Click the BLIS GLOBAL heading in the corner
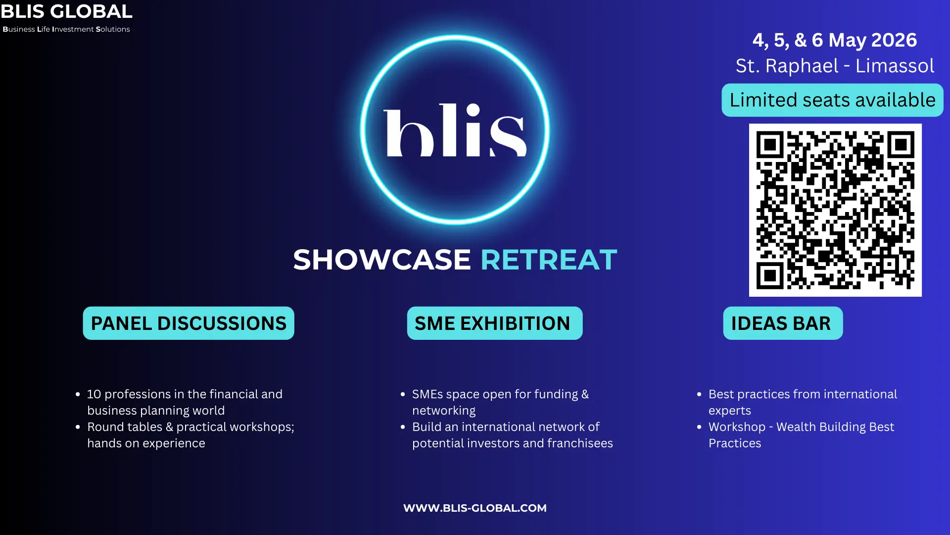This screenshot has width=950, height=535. point(66,11)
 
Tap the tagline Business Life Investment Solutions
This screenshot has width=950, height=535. point(66,29)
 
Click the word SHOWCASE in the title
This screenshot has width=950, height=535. point(382,259)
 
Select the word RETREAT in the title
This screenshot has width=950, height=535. point(549,259)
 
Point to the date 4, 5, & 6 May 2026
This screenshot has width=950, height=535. point(835,40)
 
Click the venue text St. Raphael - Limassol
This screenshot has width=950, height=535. point(835,66)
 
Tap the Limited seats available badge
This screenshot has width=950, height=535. point(832,100)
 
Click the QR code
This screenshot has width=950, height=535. point(835,210)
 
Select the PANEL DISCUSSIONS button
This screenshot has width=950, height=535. point(189,323)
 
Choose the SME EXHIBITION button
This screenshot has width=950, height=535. point(495,323)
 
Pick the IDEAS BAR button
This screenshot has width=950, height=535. point(783,323)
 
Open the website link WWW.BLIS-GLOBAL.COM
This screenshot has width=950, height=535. point(475,508)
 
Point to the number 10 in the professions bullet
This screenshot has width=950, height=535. point(94,394)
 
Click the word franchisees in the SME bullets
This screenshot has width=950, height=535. point(580,443)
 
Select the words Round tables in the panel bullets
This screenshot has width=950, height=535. point(125,427)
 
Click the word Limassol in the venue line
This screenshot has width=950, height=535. point(895,66)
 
